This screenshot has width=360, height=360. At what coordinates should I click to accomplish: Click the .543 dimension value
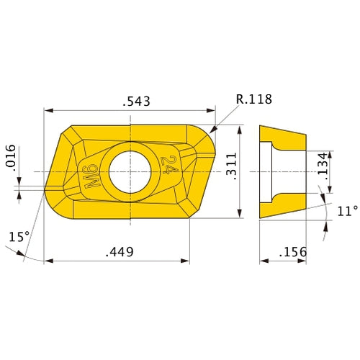(x=136, y=102)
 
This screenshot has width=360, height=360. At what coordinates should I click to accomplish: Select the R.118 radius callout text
(x=253, y=99)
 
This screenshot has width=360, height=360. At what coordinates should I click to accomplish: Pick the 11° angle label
(x=347, y=211)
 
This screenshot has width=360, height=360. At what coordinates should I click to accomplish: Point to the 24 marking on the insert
(x=170, y=165)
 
